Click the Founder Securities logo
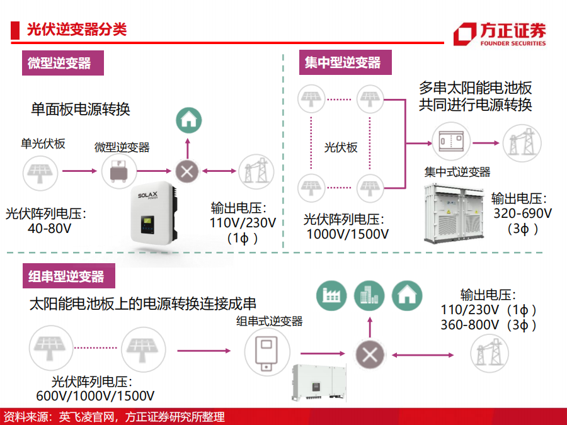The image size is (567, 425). [x=500, y=34]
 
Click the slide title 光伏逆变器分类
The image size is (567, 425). [x=77, y=29]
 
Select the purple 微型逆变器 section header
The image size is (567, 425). [x=63, y=63]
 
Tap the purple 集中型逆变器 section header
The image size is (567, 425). [x=345, y=62]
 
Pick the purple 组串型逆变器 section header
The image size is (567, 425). [x=69, y=276]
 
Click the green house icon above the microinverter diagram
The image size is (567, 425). [x=189, y=120]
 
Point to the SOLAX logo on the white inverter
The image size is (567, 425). [x=148, y=196]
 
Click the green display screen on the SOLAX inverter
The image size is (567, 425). [x=147, y=220]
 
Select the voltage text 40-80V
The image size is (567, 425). [x=50, y=229]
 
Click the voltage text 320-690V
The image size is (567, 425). [x=522, y=213]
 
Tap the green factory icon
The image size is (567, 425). [x=331, y=296]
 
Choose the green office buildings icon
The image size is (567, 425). [x=369, y=296]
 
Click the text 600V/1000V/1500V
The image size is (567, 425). [x=95, y=396]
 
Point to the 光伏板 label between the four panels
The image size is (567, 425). [x=341, y=147]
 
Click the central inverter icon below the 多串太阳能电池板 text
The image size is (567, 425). [x=451, y=141]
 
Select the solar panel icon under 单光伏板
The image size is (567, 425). [x=40, y=173]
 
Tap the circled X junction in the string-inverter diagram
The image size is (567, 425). [x=370, y=355]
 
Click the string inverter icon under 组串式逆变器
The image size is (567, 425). [x=267, y=352]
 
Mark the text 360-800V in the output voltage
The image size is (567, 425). [x=470, y=325]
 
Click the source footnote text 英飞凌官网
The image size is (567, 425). [x=86, y=417]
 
